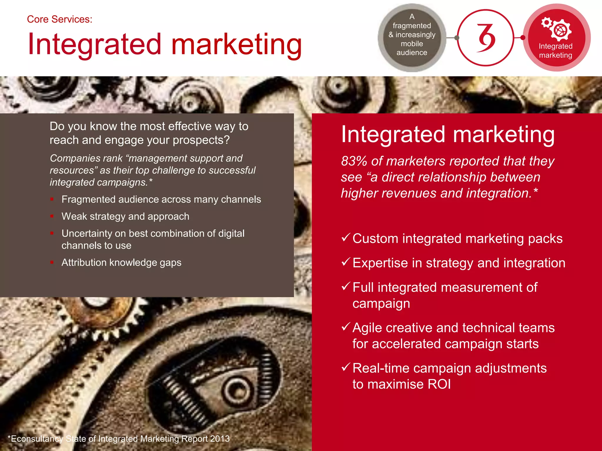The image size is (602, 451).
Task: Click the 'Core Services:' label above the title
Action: pyautogui.click(x=60, y=19)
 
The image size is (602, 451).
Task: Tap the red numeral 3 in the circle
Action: pyautogui.click(x=486, y=38)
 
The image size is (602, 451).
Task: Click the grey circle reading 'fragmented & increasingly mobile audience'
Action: pyautogui.click(x=412, y=38)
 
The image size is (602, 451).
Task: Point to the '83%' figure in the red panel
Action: pyautogui.click(x=354, y=161)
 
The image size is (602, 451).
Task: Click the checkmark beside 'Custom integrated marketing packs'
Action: pyautogui.click(x=346, y=237)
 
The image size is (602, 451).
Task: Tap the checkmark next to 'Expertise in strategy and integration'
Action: pyautogui.click(x=346, y=262)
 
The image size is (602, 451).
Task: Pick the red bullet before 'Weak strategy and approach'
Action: pyautogui.click(x=52, y=216)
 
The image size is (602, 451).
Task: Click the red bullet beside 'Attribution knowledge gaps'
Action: pyautogui.click(x=52, y=262)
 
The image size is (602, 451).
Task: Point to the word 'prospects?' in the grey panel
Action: pyautogui.click(x=201, y=140)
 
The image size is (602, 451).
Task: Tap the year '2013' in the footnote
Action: pyautogui.click(x=220, y=439)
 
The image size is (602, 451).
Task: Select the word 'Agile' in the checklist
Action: pyautogui.click(x=367, y=328)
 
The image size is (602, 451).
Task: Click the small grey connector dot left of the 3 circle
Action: pyautogui.click(x=456, y=38)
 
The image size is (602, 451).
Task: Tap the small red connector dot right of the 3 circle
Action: pyautogui.click(x=522, y=38)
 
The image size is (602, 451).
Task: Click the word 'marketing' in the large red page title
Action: pyautogui.click(x=237, y=45)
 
